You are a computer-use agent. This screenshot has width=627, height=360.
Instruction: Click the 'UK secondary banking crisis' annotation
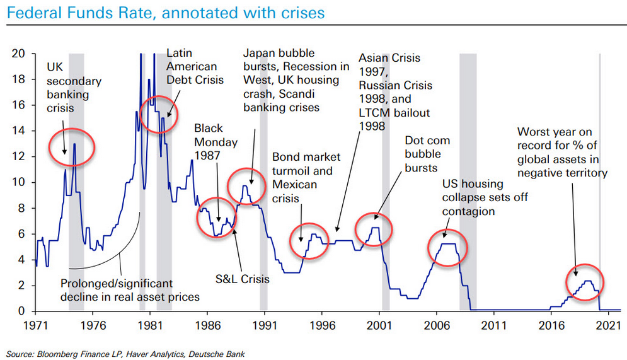coord(74,87)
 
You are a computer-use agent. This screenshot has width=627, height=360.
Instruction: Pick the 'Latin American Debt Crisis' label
coord(192,66)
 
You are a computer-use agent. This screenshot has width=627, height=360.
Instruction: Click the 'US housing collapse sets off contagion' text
coord(485,198)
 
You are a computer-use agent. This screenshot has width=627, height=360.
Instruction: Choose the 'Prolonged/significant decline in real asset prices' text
coord(130,290)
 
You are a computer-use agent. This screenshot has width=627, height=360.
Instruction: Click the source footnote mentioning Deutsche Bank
coord(124,354)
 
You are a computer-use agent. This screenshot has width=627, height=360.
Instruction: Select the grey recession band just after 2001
coord(386,189)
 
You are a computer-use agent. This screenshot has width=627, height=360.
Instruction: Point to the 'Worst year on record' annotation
coord(562,152)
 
